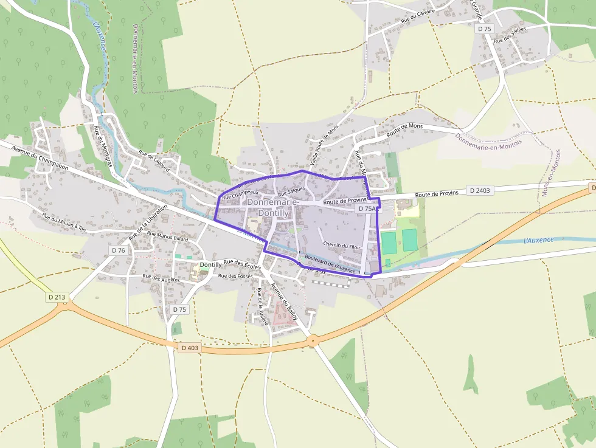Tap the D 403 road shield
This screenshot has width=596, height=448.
(x=189, y=348)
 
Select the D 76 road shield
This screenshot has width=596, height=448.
(x=119, y=250)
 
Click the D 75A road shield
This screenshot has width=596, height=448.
(x=366, y=208)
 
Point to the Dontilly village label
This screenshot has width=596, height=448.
(x=211, y=265)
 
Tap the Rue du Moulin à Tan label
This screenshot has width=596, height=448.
(x=64, y=224)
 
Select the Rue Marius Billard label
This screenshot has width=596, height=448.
(x=168, y=237)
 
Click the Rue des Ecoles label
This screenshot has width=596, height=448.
(x=242, y=264)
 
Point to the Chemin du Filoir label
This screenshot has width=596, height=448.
(x=342, y=246)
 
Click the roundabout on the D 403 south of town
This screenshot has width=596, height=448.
(x=313, y=341)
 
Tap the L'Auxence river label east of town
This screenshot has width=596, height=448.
(x=538, y=240)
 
